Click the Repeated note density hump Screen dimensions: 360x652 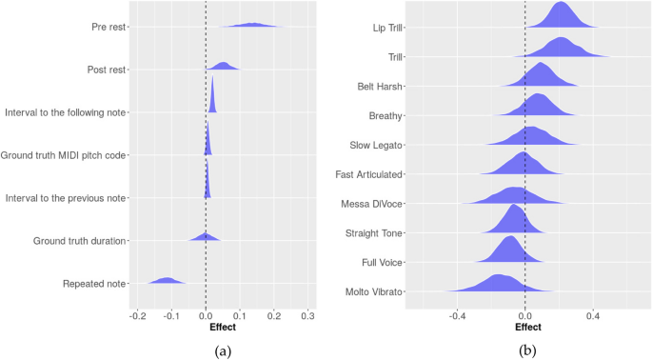pos(168,281)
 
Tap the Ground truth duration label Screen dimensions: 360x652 pos(79,241)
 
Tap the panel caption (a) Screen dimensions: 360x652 pos(223,350)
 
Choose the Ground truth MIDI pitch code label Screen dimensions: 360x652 pos(65,155)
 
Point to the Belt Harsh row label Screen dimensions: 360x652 pos(378,86)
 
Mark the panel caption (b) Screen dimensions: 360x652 pos(526,350)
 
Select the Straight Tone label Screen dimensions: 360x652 pos(373,232)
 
